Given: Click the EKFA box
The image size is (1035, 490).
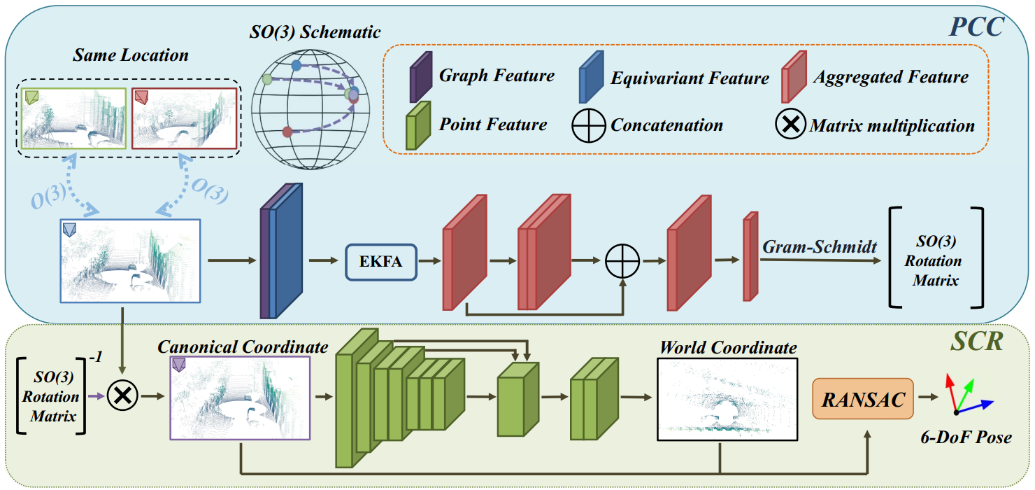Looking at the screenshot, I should [381, 262].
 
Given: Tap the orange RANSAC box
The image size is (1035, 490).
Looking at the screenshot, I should [862, 398].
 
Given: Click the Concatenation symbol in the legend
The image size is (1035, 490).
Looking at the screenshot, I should [588, 126].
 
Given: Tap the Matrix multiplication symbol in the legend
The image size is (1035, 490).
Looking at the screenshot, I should [790, 126].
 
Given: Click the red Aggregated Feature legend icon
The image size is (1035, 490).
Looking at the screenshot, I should [794, 77].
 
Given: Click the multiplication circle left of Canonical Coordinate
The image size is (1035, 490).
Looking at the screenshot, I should [123, 396].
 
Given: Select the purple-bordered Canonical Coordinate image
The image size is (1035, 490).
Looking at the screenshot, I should [239, 398].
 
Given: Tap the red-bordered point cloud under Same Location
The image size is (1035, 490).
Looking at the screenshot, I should [185, 118].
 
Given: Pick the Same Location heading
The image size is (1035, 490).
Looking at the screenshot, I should [130, 55].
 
